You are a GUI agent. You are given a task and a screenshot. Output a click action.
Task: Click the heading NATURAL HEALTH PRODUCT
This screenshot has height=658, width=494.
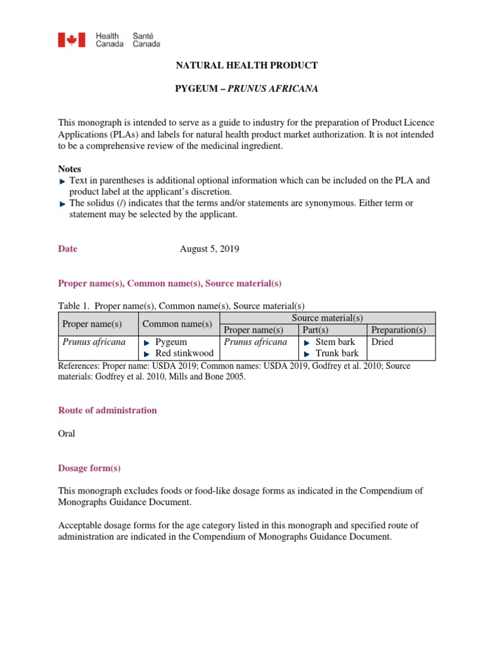pos(247,66)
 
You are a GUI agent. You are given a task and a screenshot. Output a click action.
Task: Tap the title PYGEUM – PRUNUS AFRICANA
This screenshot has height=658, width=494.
pos(247,89)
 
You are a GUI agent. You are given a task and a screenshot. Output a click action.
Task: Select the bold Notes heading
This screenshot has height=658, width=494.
pos(69,168)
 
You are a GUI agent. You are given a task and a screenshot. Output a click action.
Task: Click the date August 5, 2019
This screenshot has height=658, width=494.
pos(210,249)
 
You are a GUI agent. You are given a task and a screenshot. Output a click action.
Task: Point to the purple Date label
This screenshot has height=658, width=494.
pos(68,249)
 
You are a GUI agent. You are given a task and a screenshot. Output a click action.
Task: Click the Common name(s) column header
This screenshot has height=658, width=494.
pos(178,324)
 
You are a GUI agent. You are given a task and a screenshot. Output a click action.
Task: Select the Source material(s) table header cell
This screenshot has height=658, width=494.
pos(327,318)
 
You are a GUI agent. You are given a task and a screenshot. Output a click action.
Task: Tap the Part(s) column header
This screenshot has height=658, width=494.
pos(315,330)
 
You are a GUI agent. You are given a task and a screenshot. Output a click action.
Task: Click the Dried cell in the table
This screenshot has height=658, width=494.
pos(382,342)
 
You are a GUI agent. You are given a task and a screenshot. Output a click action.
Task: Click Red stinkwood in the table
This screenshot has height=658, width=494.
pos(184,353)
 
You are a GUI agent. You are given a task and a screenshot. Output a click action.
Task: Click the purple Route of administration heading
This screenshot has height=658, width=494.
pos(107,410)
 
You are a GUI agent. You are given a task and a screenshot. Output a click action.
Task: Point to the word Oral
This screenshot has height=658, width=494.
pos(66,433)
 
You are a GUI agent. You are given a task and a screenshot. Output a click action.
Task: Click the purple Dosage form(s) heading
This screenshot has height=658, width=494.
pos(89,468)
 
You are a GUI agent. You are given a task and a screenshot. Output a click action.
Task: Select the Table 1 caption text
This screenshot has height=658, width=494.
pos(181,306)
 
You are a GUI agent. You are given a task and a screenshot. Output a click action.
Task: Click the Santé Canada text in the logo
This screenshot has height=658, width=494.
pos(146,40)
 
